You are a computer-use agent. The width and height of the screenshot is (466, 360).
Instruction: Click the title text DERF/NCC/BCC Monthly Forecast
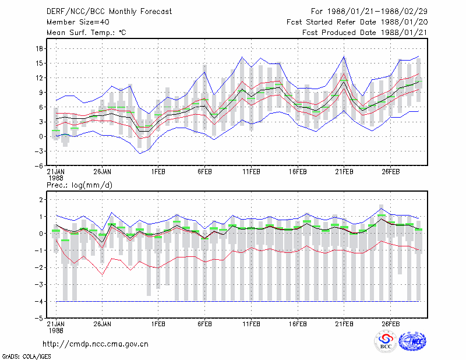tap(109, 12)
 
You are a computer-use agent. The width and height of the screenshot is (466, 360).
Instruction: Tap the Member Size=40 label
tap(78, 22)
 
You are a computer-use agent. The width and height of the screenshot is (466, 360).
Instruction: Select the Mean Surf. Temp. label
tap(86, 33)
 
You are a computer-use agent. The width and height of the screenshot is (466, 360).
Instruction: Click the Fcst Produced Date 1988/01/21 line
tap(365, 33)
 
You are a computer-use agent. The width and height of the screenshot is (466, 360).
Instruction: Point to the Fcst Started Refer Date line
tap(357, 22)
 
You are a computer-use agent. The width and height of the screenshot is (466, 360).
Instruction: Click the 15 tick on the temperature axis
tap(39, 63)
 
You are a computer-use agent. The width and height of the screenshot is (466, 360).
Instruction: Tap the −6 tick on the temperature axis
tap(38, 166)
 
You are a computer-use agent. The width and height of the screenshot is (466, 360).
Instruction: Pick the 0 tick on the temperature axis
tap(41, 137)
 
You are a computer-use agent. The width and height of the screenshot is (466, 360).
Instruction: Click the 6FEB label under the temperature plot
tap(204, 172)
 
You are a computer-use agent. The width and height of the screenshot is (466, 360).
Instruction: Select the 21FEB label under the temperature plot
tap(344, 172)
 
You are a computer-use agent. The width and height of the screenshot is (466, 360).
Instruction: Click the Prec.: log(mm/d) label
tap(79, 185)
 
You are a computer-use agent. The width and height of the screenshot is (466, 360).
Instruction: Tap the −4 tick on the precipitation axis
tap(38, 301)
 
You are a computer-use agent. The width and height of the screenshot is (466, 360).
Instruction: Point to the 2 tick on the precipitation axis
tap(41, 199)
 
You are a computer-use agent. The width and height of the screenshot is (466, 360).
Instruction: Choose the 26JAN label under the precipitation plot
tap(103, 324)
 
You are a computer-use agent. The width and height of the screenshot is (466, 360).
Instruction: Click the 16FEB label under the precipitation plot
tap(298, 324)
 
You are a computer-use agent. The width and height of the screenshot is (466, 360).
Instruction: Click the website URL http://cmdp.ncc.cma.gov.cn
tap(96, 344)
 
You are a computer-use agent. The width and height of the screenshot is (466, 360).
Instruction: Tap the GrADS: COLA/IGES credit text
tap(26, 357)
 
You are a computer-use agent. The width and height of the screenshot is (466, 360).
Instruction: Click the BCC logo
tap(386, 341)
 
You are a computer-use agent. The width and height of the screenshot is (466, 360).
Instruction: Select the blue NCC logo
tap(412, 341)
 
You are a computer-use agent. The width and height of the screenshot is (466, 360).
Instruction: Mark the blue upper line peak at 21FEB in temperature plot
tap(344, 57)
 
